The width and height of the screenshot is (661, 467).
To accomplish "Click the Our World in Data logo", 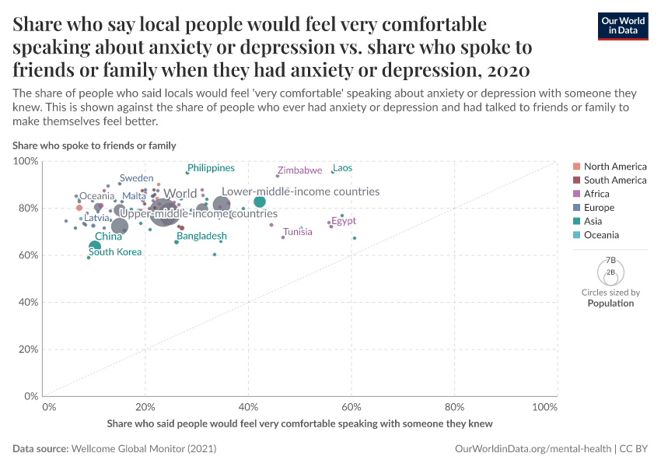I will [x=623, y=25].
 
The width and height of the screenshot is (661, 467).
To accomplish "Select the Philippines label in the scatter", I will [x=211, y=168].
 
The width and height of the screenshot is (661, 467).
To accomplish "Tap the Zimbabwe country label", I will [x=299, y=170].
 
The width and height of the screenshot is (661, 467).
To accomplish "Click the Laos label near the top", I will [x=342, y=168].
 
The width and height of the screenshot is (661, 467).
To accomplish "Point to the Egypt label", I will [x=344, y=221].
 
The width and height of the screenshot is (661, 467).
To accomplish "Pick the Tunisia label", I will [x=298, y=232].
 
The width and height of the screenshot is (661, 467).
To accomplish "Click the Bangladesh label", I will [x=201, y=236].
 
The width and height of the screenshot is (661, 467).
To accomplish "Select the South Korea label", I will [x=115, y=252].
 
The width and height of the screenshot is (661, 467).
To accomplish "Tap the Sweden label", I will [x=136, y=178].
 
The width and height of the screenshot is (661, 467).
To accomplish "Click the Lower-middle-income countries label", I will [x=300, y=191].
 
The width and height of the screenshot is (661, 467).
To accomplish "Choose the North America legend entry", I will [x=615, y=167].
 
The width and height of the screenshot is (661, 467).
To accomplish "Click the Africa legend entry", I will [x=596, y=194].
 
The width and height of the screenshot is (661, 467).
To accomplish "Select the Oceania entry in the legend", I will [x=601, y=235].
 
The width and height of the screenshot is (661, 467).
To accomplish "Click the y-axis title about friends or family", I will [x=94, y=146].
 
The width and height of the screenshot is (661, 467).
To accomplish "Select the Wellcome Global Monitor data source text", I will [x=143, y=449].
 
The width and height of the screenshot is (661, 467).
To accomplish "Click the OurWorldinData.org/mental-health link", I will [x=531, y=449].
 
